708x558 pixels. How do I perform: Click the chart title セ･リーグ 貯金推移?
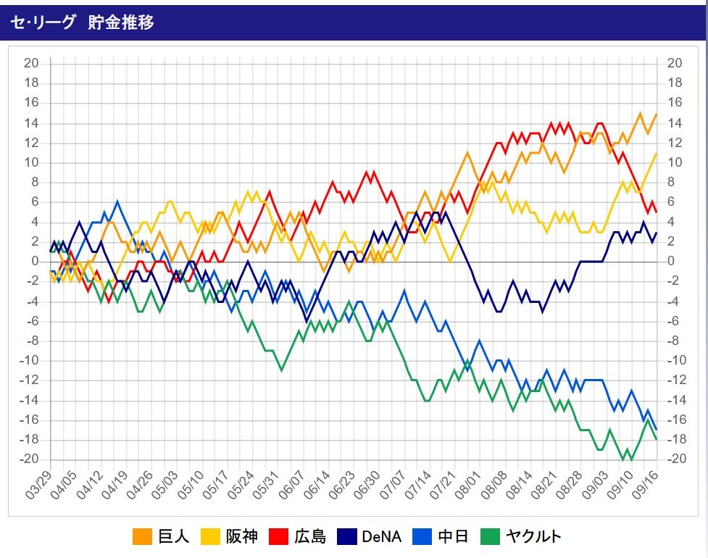(82, 22)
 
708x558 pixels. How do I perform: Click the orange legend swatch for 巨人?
(142, 537)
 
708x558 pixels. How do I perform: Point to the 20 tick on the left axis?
(31, 63)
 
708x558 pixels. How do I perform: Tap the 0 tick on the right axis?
(670, 261)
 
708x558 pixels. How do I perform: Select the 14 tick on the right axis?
(674, 122)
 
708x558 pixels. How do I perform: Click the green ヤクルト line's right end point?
(657, 439)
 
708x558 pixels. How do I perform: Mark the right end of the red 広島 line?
(657, 212)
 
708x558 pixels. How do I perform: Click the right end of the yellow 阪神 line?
(657, 152)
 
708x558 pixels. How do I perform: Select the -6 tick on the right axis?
(672, 320)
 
